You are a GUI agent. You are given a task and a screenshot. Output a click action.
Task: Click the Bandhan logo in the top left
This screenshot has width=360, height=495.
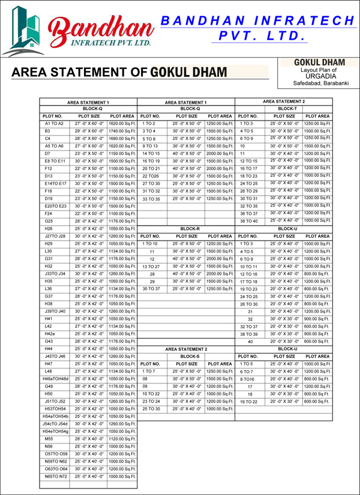[78, 30]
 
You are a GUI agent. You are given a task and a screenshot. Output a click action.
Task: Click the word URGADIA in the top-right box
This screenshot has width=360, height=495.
[311, 77]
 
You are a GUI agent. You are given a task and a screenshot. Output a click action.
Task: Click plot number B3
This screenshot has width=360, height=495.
[47, 130]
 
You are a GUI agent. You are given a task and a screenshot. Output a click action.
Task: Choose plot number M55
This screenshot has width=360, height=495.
[49, 439]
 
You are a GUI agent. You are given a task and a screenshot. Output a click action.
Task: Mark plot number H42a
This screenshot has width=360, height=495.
[50, 334]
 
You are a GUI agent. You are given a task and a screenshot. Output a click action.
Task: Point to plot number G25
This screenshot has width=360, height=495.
[49, 221]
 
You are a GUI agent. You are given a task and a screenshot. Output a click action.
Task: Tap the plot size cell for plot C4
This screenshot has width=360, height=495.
[89, 138]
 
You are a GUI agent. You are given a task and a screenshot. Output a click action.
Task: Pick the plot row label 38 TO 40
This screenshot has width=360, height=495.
[248, 221]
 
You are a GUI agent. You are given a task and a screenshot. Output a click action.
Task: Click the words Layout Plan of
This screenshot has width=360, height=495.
[311, 70]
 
